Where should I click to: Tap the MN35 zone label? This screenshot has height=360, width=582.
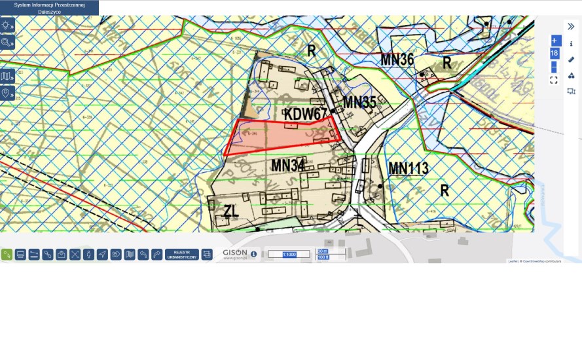pyautogui.click(x=359, y=102)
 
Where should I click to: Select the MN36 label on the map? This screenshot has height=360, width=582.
pyautogui.click(x=397, y=60)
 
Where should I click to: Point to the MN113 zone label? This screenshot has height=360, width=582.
pyautogui.click(x=409, y=168)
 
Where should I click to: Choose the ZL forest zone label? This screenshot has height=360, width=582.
pyautogui.click(x=230, y=211)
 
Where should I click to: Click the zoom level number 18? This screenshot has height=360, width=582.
pyautogui.click(x=554, y=53)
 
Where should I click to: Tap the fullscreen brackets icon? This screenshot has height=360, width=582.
pyautogui.click(x=554, y=80)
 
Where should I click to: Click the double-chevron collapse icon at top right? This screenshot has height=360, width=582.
pyautogui.click(x=571, y=27)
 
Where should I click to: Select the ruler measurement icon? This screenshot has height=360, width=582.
pyautogui.click(x=571, y=60)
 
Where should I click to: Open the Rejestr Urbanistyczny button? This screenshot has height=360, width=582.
pyautogui.click(x=182, y=254)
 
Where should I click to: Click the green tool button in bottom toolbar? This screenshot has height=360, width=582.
pyautogui.click(x=7, y=254)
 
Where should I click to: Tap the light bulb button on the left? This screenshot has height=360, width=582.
pyautogui.click(x=7, y=26)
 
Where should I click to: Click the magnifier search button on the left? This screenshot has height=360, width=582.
pyautogui.click(x=7, y=43)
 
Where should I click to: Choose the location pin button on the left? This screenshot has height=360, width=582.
pyautogui.click(x=7, y=94)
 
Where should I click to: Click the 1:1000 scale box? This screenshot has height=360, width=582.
pyautogui.click(x=289, y=254)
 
